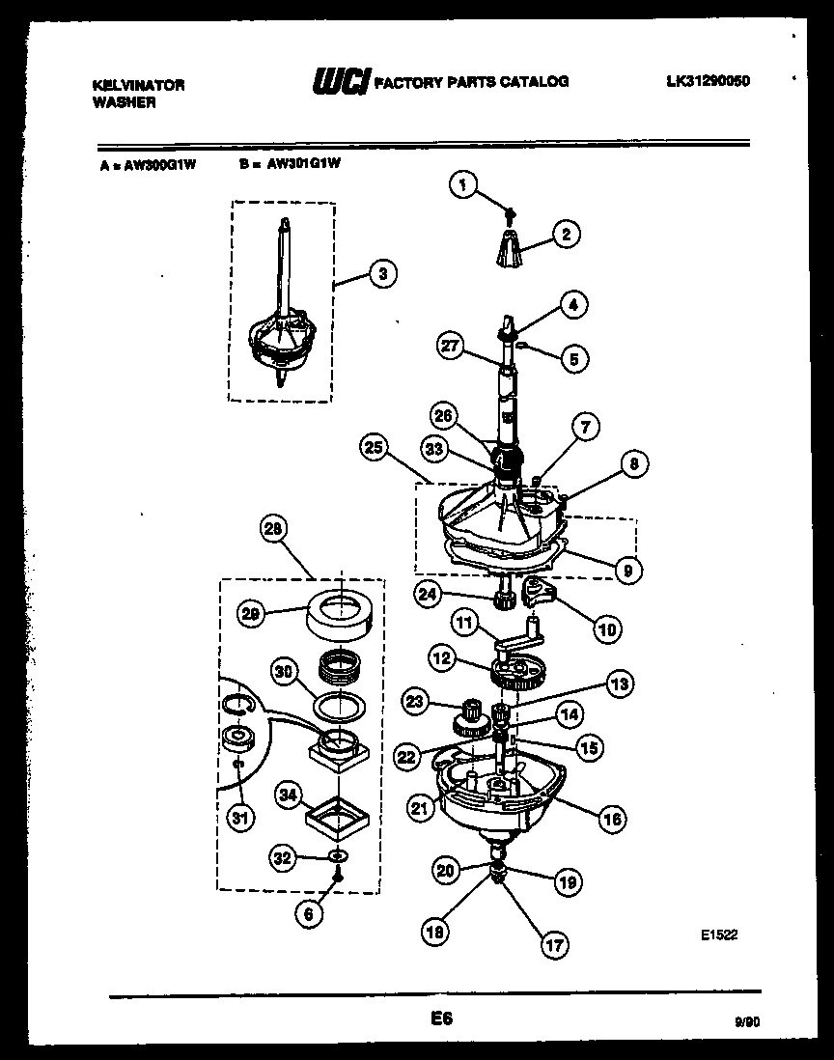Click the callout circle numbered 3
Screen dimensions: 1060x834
[x=382, y=274]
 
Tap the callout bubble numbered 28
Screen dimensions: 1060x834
[x=274, y=529]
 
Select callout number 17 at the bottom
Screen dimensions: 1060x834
[x=555, y=946]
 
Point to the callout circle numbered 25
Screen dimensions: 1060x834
[x=375, y=447]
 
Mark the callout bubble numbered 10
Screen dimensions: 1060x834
[x=605, y=629]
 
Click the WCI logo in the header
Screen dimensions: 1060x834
[x=339, y=84]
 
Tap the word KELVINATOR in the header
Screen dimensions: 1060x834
[x=138, y=85]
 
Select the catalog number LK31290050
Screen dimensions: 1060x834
[x=708, y=82]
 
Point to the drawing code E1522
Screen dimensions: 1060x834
[x=719, y=934]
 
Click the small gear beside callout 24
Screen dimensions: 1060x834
[x=503, y=601]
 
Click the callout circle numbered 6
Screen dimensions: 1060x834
[x=308, y=914]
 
